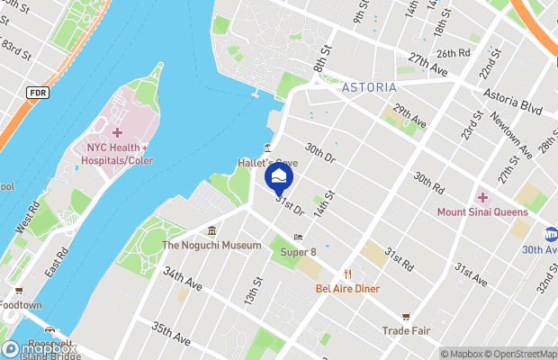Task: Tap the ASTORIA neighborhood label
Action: tap(369, 87)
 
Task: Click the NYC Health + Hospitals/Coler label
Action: tap(118, 152)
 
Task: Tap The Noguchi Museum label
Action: tap(211, 245)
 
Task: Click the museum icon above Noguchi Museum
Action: tap(211, 230)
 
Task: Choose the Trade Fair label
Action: tap(407, 329)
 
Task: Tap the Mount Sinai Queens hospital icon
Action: tap(482, 198)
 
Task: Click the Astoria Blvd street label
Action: tap(512, 100)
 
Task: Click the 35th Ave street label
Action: tap(171, 334)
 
